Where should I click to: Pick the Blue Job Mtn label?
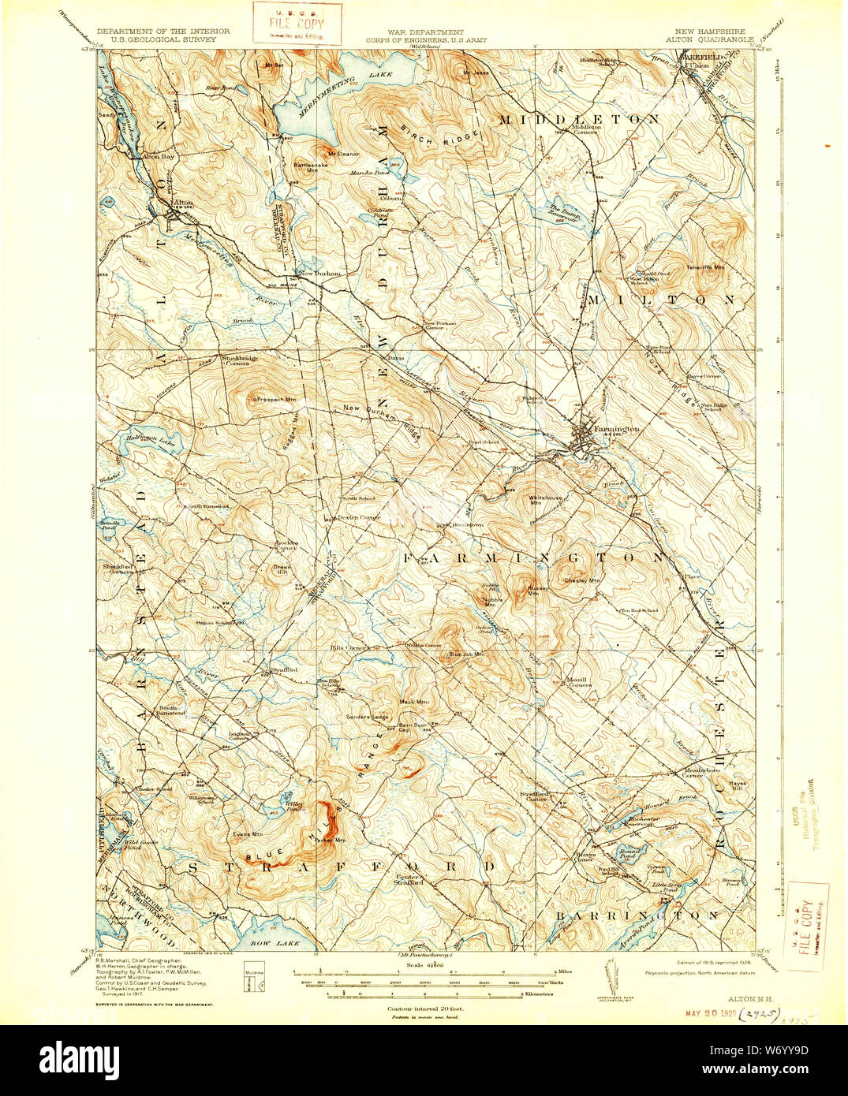466,654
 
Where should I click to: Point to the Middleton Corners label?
585,129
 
